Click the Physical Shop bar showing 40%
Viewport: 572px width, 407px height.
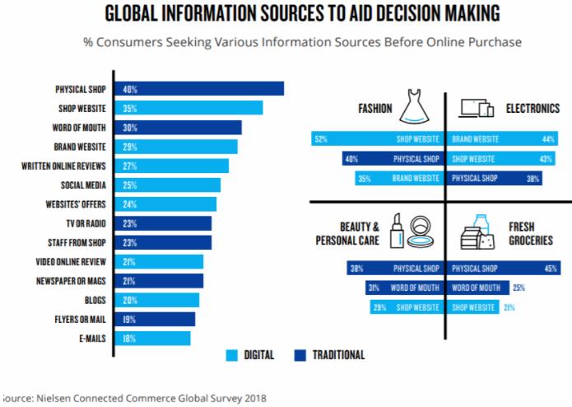click(x=201, y=89)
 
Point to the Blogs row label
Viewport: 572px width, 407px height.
click(x=96, y=300)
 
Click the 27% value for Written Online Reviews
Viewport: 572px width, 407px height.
click(x=129, y=166)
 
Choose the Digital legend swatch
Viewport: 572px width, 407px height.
click(x=233, y=355)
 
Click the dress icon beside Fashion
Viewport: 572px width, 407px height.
click(x=414, y=108)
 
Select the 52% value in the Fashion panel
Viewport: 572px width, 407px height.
click(x=321, y=139)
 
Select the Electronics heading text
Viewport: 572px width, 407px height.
click(x=532, y=108)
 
